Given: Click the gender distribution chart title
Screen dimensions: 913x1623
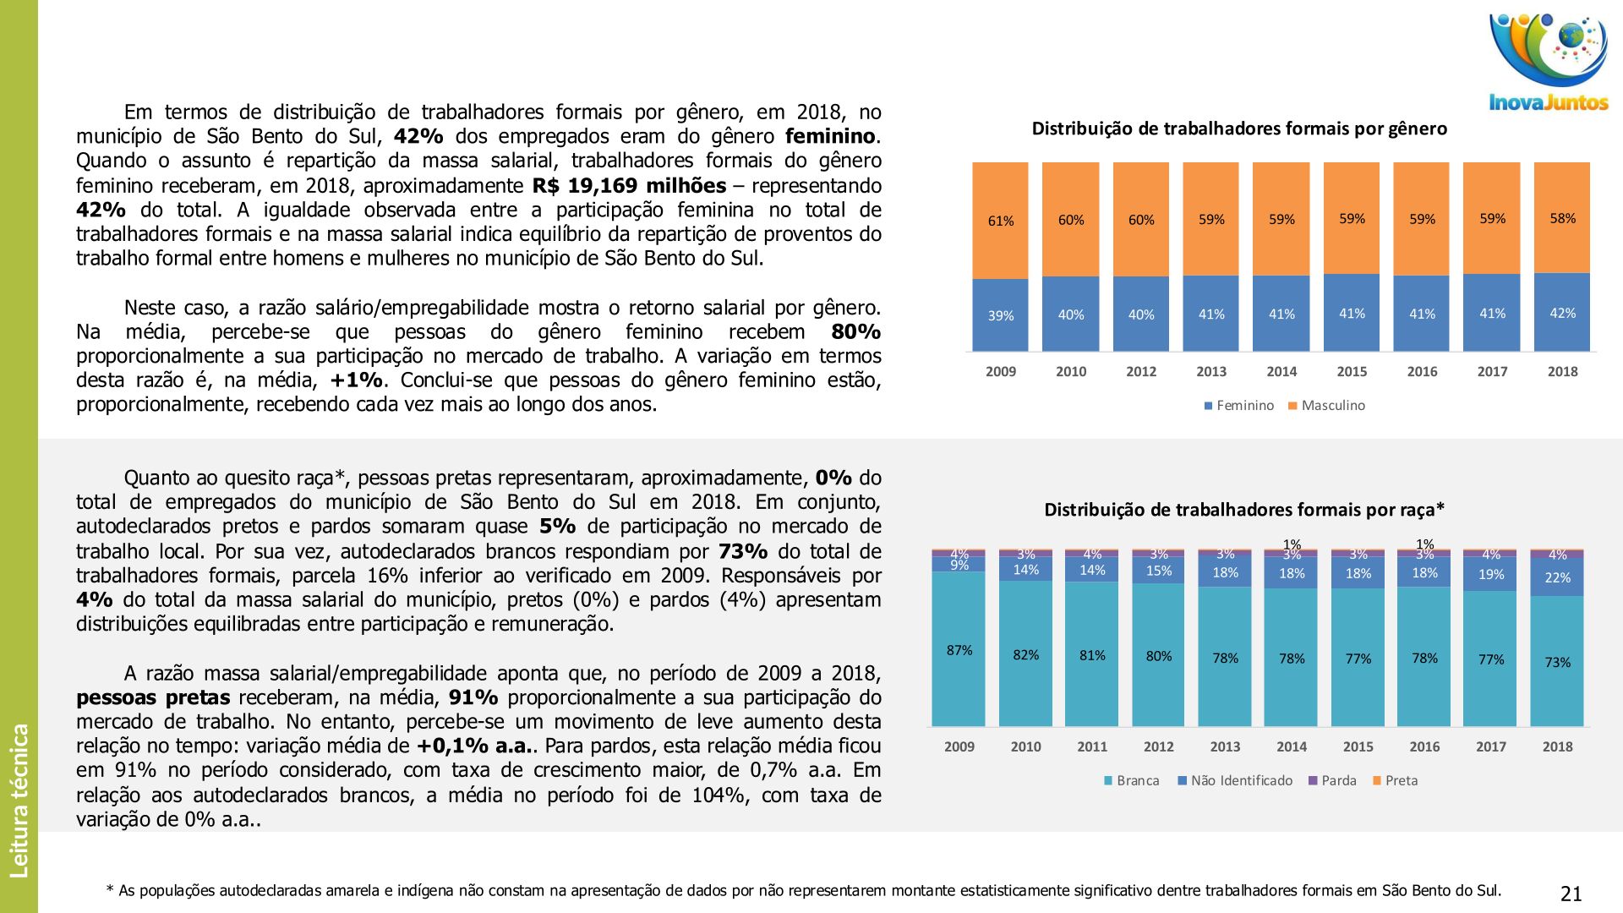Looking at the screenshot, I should pos(1239,128).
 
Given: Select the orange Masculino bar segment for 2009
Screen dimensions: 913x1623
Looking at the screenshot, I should pos(1000,221).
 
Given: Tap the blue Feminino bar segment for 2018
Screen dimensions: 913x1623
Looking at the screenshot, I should pos(1561,312).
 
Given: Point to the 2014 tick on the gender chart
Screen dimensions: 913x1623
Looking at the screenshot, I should pos(1281,371).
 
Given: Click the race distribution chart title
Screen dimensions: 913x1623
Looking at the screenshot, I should pos(1244,510).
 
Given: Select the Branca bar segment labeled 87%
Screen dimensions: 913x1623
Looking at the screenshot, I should pos(959,649).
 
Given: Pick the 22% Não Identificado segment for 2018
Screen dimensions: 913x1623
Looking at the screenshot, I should pos(1557,578).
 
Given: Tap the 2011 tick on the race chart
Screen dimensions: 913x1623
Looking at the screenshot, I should pos(1092,746).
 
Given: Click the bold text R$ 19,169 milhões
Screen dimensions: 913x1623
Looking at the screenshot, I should pos(629,186).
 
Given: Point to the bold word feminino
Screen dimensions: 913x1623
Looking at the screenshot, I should pos(830,137).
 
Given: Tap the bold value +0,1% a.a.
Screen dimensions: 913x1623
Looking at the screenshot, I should pos(477,746).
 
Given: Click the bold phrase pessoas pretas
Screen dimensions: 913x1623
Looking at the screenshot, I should pos(153,698).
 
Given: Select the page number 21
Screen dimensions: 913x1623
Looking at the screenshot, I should pos(1571,894).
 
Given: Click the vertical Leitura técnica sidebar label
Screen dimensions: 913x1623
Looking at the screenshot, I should pos(19,800).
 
